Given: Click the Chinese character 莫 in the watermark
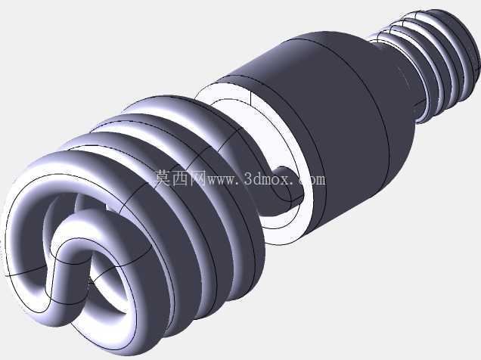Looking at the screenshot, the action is [163, 178].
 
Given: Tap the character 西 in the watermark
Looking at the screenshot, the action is [180, 178].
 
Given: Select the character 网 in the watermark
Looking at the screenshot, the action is [197, 178].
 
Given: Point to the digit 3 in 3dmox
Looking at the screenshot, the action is [249, 179].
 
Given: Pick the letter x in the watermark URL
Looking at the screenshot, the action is [284, 180].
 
